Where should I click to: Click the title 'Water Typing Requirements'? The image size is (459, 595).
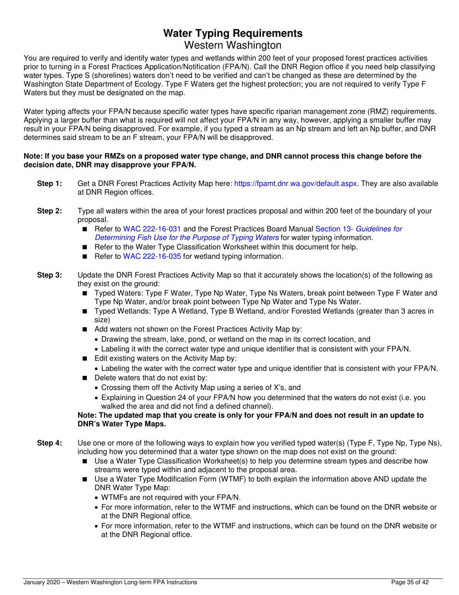233,33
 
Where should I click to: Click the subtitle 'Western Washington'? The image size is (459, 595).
233,45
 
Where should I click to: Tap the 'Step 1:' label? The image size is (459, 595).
50,184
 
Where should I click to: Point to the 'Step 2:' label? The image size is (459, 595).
50,211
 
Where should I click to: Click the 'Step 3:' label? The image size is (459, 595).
50,275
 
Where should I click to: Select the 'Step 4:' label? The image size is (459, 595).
50,443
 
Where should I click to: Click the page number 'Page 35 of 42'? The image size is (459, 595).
409,583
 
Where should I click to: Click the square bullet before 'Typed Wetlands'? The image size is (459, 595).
86,312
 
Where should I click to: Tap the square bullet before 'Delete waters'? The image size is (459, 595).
86,378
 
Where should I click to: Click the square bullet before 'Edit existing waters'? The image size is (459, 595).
86,358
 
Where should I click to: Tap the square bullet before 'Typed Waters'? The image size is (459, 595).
86,294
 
